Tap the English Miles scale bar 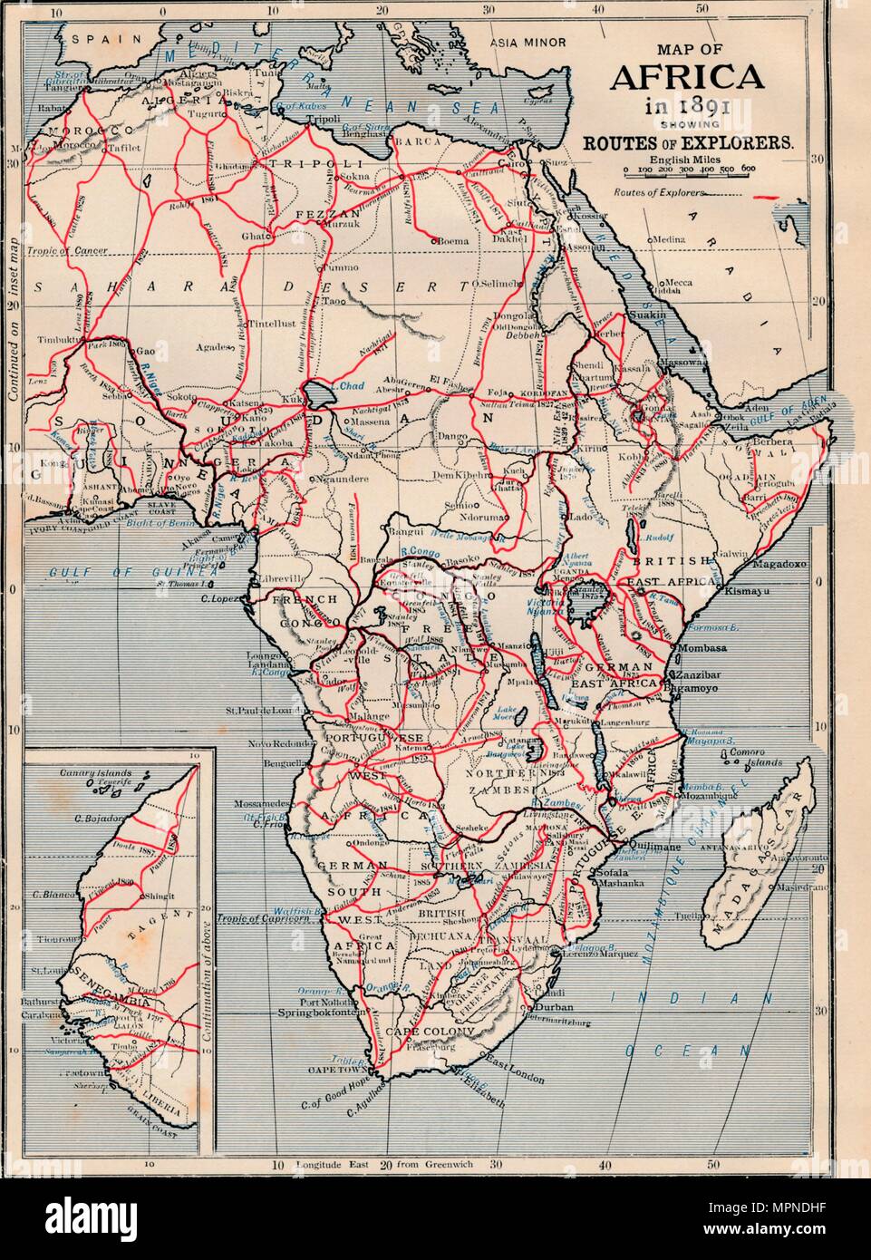point(690,170)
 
